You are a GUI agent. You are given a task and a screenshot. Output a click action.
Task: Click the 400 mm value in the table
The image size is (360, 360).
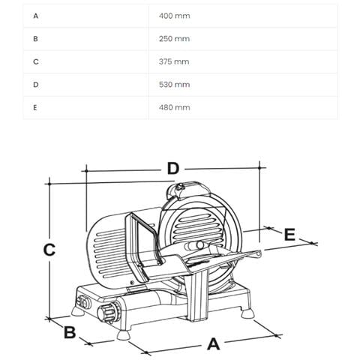tap(175, 16)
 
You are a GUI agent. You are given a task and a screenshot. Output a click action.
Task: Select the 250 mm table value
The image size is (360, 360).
tap(175, 38)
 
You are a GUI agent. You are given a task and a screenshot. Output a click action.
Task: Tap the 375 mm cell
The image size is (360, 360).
tap(175, 61)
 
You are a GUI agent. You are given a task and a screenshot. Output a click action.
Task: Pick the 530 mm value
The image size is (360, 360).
tap(175, 85)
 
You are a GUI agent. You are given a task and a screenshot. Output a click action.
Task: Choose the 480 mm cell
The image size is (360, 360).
tap(175, 107)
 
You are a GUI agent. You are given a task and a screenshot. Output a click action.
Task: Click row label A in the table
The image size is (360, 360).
tap(35, 16)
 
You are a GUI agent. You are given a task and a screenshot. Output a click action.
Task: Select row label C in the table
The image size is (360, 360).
tap(35, 61)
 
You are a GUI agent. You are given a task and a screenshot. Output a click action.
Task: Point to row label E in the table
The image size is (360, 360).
tap(35, 107)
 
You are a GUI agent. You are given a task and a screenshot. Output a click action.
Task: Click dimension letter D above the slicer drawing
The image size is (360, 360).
tap(172, 169)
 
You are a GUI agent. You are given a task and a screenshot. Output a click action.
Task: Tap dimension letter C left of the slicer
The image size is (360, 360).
tap(49, 250)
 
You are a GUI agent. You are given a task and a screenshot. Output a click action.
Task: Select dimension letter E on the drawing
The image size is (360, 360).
tap(289, 235)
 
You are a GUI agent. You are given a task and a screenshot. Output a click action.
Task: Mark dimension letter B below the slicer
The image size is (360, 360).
tap(69, 331)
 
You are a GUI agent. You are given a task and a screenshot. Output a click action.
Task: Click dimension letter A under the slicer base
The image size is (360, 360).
tap(212, 343)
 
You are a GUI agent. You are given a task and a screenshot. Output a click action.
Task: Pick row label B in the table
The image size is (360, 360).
tap(35, 38)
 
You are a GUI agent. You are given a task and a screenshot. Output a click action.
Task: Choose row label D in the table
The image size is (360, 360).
tap(35, 85)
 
